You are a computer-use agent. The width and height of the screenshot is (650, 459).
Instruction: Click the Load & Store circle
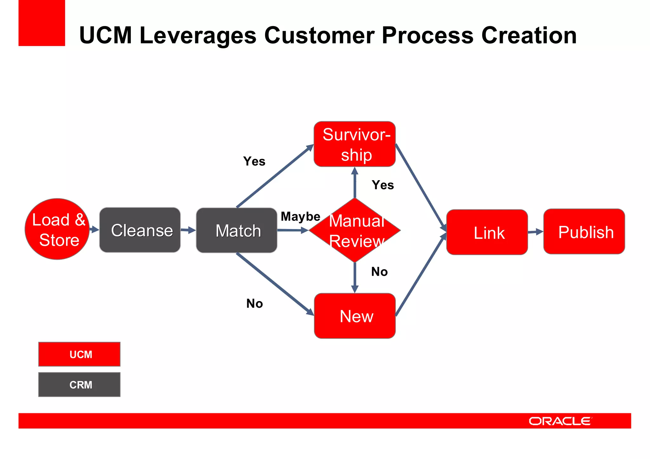pyautogui.click(x=57, y=229)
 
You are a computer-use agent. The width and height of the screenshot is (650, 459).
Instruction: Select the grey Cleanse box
pyautogui.click(x=140, y=230)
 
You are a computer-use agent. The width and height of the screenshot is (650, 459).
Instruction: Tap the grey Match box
pyautogui.click(x=236, y=230)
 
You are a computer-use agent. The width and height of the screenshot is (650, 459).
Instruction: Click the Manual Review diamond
pyautogui.click(x=355, y=230)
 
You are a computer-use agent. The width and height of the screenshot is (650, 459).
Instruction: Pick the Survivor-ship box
pyautogui.click(x=355, y=144)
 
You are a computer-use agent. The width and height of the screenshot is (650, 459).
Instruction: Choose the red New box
pyautogui.click(x=355, y=316)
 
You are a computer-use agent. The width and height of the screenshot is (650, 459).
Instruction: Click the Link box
pyautogui.click(x=487, y=232)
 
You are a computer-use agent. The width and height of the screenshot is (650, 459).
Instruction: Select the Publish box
pyautogui.click(x=584, y=232)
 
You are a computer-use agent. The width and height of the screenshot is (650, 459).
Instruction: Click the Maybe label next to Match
pyautogui.click(x=300, y=217)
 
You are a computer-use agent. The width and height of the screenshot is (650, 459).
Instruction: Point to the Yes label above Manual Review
pyautogui.click(x=383, y=185)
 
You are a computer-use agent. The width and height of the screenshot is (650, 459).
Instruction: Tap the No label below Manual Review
pyautogui.click(x=379, y=272)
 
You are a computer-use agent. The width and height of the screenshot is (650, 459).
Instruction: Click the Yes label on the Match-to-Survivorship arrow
pyautogui.click(x=254, y=161)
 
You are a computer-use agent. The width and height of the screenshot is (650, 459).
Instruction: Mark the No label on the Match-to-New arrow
pyautogui.click(x=255, y=304)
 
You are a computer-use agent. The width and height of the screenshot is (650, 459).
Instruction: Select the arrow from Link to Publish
pyautogui.click(x=536, y=232)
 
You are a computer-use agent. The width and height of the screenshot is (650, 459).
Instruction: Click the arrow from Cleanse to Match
pyautogui.click(x=188, y=230)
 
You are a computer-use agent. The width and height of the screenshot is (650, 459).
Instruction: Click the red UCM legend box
pyautogui.click(x=79, y=354)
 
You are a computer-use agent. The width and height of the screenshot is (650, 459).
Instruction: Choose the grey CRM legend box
pyautogui.click(x=79, y=384)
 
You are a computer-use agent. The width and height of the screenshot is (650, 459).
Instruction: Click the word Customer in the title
pyautogui.click(x=320, y=35)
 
